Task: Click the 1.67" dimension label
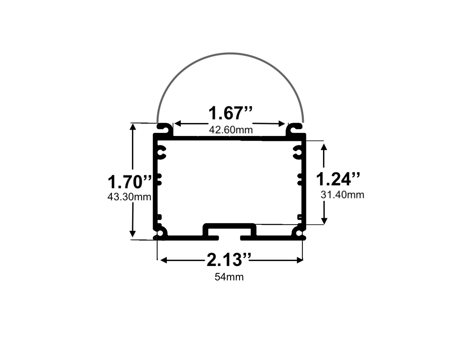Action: pyautogui.click(x=231, y=113)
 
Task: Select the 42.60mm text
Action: pyautogui.click(x=231, y=130)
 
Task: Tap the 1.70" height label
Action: pyautogui.click(x=130, y=182)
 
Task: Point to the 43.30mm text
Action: pyautogui.click(x=129, y=197)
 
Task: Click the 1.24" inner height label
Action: pyautogui.click(x=338, y=179)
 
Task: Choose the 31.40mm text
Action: pyautogui.click(x=343, y=195)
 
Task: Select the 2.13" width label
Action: pyautogui.click(x=229, y=260)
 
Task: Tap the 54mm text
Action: pyautogui.click(x=229, y=277)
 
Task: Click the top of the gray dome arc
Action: pyautogui.click(x=230, y=53)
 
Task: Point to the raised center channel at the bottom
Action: pyautogui.click(x=230, y=226)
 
